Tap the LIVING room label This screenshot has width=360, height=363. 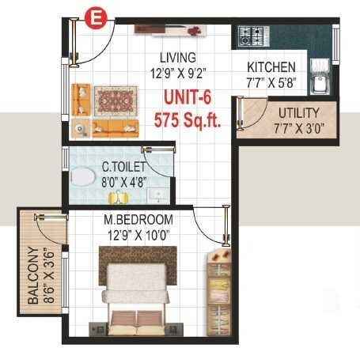click(x=177, y=58)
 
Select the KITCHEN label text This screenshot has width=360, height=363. click(x=271, y=67)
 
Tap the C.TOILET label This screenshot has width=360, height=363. click(x=123, y=167)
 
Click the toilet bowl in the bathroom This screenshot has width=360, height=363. click(x=80, y=178)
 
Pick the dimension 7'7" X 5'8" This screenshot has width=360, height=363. click(x=271, y=82)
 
